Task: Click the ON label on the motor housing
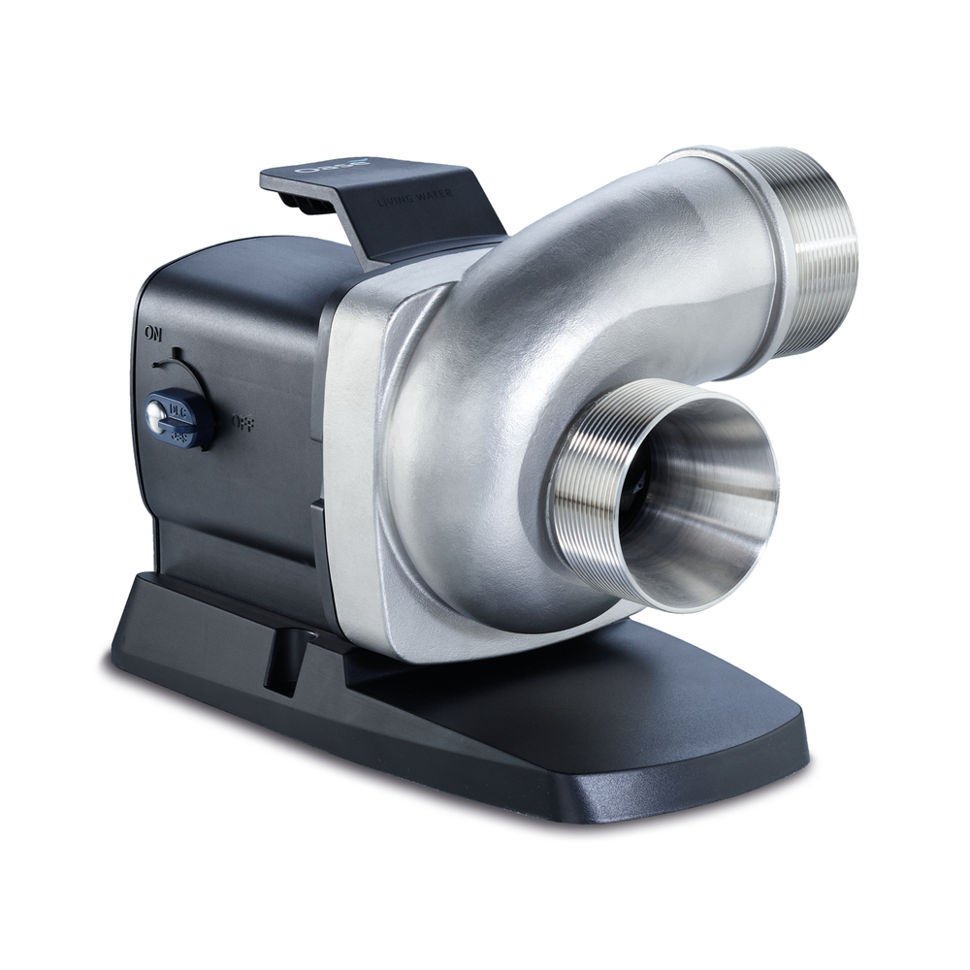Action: [151, 333]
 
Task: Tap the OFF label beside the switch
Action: [242, 423]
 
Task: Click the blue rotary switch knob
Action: [178, 415]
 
